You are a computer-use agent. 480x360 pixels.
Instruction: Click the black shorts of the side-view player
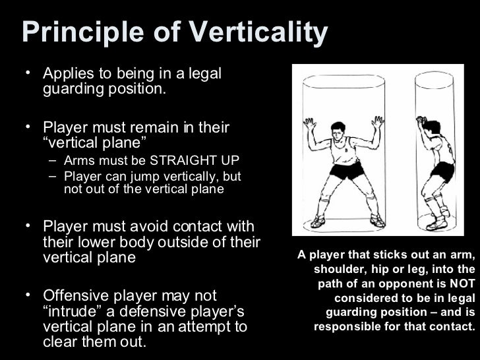(442, 171)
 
